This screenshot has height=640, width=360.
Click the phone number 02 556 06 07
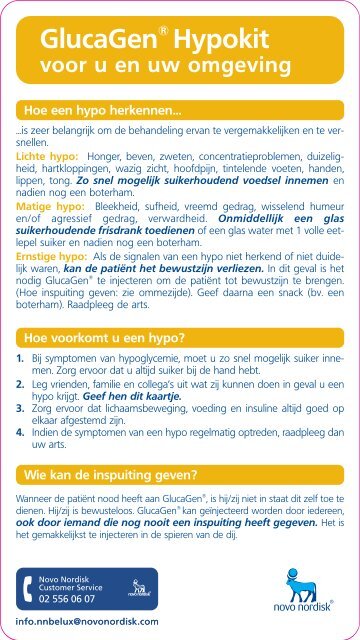coord(67,600)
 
